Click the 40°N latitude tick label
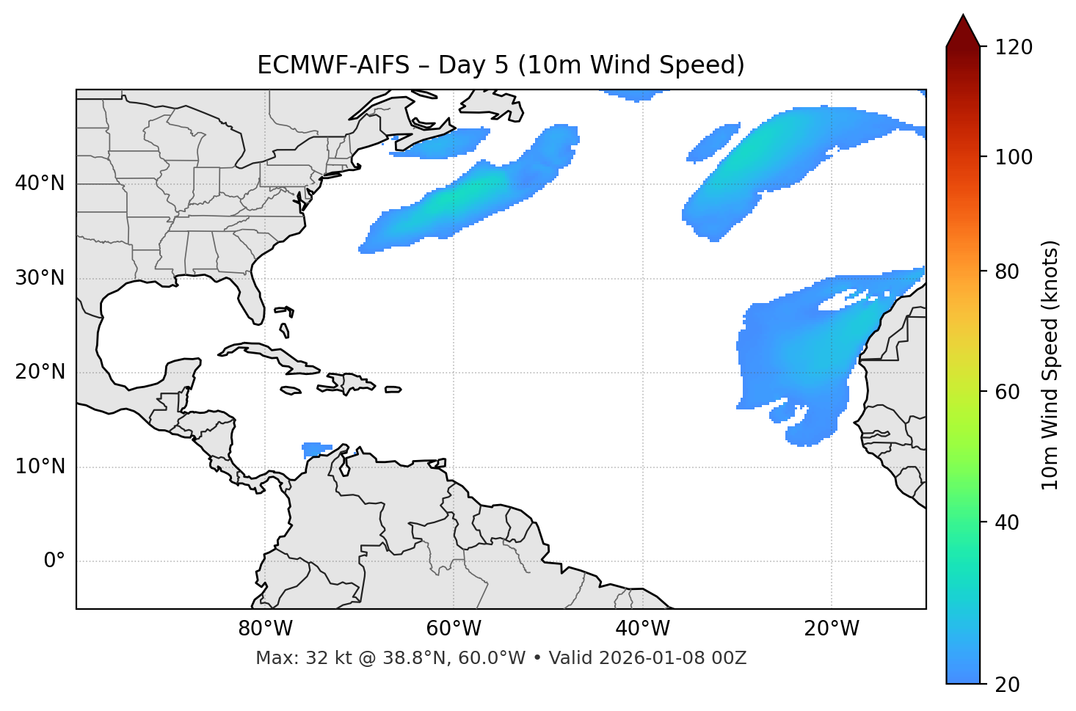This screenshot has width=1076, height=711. (x=40, y=183)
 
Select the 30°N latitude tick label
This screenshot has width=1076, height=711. (x=40, y=278)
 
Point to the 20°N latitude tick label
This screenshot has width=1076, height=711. (x=40, y=372)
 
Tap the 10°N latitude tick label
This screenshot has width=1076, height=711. (x=40, y=467)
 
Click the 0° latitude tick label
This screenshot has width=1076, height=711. (x=54, y=561)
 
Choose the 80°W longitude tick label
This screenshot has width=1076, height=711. (x=265, y=629)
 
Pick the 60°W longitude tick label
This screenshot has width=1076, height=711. (x=454, y=629)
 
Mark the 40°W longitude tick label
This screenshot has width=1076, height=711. (x=642, y=629)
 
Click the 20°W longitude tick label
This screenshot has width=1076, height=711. (x=832, y=629)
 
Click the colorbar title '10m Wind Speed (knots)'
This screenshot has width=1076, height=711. (x=1050, y=365)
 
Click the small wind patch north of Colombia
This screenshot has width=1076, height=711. (x=316, y=449)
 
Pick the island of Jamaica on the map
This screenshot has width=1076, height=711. (x=291, y=391)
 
